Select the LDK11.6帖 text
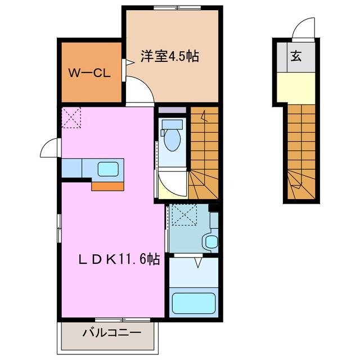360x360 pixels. coord(118,260)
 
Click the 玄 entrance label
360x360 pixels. coord(295,56)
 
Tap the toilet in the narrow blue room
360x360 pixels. coord(171,138)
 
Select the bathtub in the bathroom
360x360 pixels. coord(193,304)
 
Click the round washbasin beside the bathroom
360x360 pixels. coord(210,241)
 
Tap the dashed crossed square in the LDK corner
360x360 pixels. coord(71,117)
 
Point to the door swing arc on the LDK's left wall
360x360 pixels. coord(49,149)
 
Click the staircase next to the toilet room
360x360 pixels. coord(204,152)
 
